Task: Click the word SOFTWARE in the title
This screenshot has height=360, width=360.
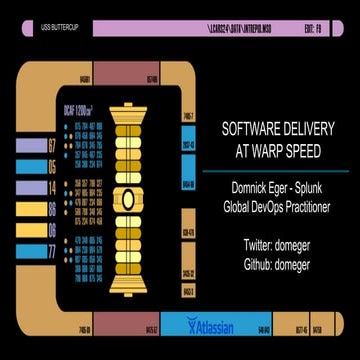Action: (252, 129)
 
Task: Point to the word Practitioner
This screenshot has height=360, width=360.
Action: (314, 206)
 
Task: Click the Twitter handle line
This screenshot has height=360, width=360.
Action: (276, 245)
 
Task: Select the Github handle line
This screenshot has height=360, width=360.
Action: (276, 264)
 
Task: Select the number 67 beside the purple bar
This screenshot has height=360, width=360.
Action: (52, 146)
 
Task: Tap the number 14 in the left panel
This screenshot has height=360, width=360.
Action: (52, 187)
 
